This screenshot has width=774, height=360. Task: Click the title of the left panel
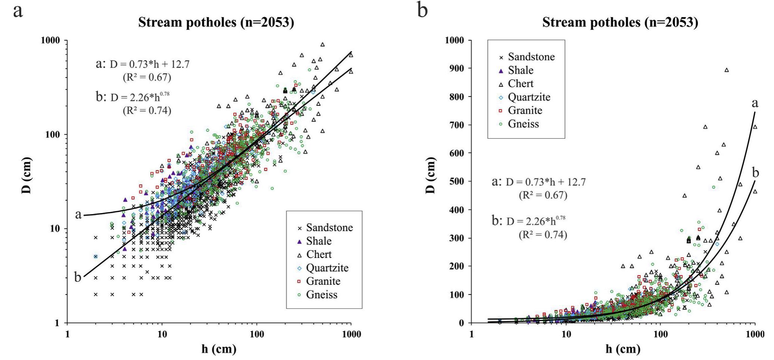[x=216, y=23]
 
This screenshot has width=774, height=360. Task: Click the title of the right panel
[x=620, y=23]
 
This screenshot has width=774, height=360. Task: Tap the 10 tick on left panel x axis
[x=162, y=334]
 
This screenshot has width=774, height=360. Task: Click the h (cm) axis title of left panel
[x=219, y=349]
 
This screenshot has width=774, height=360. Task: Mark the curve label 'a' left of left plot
[x=78, y=215]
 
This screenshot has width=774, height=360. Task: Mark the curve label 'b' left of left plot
[x=78, y=277]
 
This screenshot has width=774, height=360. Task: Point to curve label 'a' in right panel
[x=755, y=104]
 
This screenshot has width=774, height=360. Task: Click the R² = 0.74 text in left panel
[x=147, y=111]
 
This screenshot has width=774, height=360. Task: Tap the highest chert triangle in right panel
[x=727, y=70]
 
